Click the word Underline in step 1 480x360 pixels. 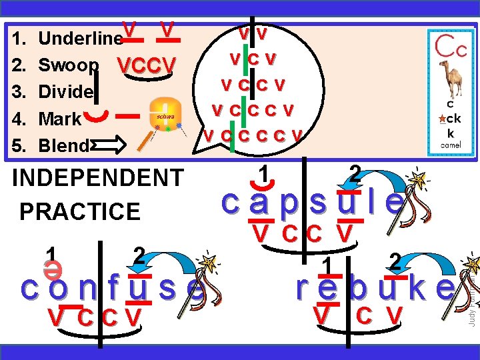pos(80,38)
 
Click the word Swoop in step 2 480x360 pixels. pos(69,65)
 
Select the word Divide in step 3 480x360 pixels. pos(66,92)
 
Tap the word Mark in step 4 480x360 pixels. pos(60,119)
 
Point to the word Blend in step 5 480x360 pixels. pos(64,145)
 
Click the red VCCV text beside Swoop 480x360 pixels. pos(146,65)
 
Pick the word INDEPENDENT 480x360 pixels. pos(98,179)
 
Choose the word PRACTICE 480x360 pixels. pos(80,211)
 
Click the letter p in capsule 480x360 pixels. pos(289,202)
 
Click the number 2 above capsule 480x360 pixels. pos(355,175)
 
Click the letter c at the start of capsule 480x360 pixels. pos(229,202)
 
